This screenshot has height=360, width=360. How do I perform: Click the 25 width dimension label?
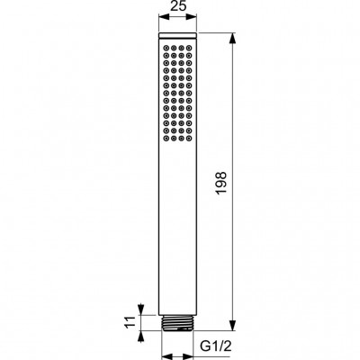pos(178,6)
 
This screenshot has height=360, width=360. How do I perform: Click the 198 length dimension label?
pos(221,183)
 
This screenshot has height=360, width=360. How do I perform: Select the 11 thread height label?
pos(130,322)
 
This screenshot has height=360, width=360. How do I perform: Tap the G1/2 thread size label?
pos(216,346)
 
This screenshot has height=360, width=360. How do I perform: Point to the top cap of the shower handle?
pos(177,35)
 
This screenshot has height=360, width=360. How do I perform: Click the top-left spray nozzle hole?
pos(166,48)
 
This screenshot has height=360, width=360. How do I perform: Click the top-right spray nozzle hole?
pos(189,48)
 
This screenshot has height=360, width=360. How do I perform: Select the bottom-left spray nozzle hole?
pos(166,138)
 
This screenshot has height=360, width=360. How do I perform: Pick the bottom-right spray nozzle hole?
pos(189,138)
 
